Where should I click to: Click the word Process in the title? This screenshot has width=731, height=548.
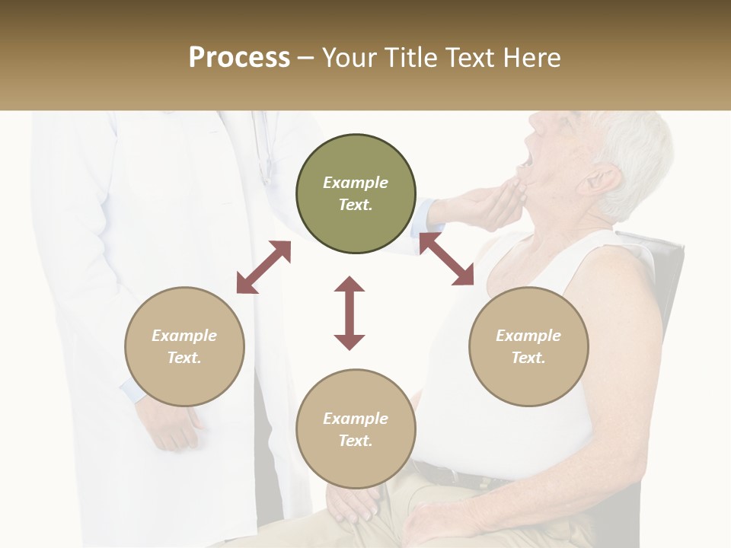[239, 58]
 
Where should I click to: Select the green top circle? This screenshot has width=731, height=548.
[356, 194]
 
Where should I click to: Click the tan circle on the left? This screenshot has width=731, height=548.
[184, 346]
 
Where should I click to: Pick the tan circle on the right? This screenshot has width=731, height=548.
[528, 346]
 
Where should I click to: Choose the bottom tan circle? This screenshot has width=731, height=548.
[356, 429]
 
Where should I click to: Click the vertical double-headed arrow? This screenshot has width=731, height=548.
[350, 313]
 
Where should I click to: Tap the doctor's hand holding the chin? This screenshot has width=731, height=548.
[487, 205]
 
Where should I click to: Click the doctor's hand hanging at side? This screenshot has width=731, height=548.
[171, 426]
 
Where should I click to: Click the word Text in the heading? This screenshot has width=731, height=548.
[464, 58]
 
